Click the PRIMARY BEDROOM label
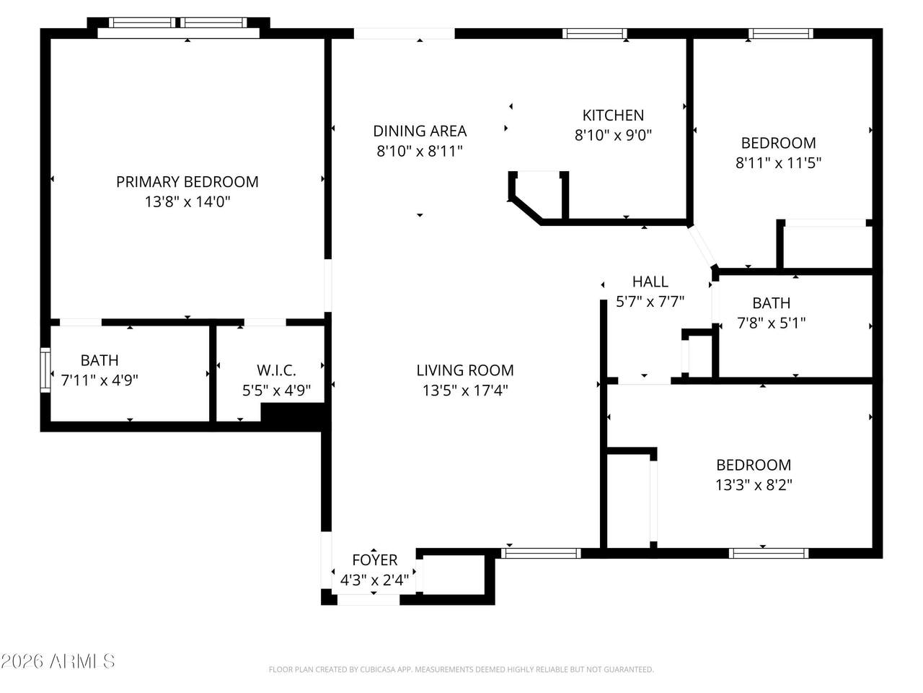click(187, 182)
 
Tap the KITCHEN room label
click(613, 115)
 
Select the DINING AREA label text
click(420, 131)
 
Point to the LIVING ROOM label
click(465, 370)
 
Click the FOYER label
click(375, 560)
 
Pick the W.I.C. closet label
click(276, 370)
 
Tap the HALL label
click(650, 282)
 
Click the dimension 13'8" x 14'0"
click(187, 202)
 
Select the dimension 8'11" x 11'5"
click(778, 163)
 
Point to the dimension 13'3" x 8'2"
click(754, 485)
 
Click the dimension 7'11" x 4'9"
click(100, 380)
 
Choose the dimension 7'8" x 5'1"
click(772, 323)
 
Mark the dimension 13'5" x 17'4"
click(465, 391)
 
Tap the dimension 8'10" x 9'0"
click(613, 135)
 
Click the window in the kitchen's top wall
click(595, 34)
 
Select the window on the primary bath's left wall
click(45, 370)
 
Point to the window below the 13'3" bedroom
click(768, 553)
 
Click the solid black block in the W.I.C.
click(292, 414)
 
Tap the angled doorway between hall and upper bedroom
click(702, 246)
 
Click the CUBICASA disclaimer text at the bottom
click(461, 669)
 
